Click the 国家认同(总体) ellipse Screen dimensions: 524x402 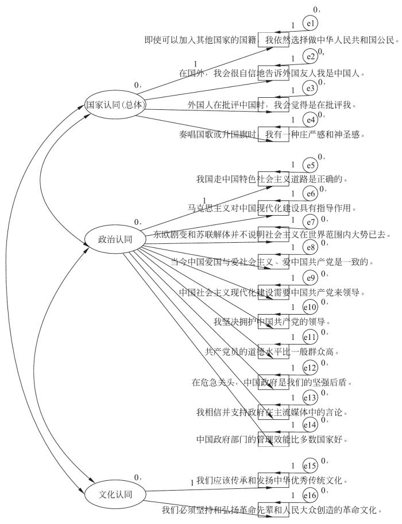114,105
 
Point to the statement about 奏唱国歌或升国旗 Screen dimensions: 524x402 272,135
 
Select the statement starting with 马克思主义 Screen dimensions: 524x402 272,208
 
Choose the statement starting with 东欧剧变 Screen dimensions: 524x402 272,235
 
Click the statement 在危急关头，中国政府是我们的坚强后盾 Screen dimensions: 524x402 272,382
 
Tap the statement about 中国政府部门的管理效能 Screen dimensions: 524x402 272,440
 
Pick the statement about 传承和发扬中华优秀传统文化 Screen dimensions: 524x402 272,480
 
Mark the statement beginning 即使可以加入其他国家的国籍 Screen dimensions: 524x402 271,40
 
